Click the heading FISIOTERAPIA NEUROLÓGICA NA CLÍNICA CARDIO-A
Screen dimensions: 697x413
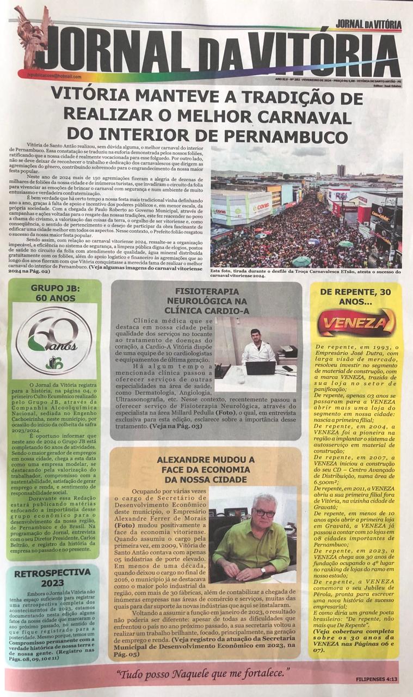[206, 300]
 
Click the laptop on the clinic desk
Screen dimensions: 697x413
[260, 368]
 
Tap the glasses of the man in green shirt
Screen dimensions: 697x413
[264, 513]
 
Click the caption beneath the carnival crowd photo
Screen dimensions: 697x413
[306, 273]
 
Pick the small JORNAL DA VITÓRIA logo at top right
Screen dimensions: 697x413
[368, 23]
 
